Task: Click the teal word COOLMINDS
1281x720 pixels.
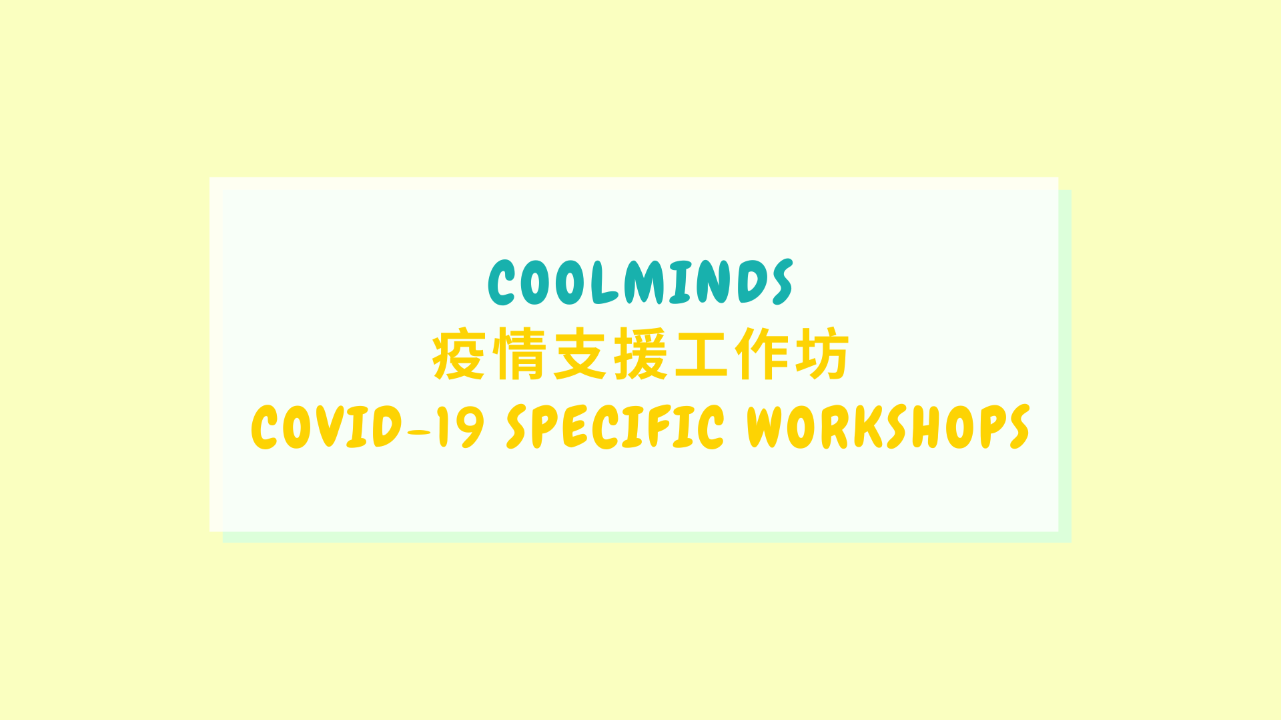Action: (x=640, y=282)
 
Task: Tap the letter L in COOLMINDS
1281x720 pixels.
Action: (x=604, y=282)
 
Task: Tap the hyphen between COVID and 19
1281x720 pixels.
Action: (x=419, y=433)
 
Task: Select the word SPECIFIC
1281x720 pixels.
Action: (x=615, y=427)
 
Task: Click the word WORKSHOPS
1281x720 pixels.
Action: (x=889, y=427)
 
